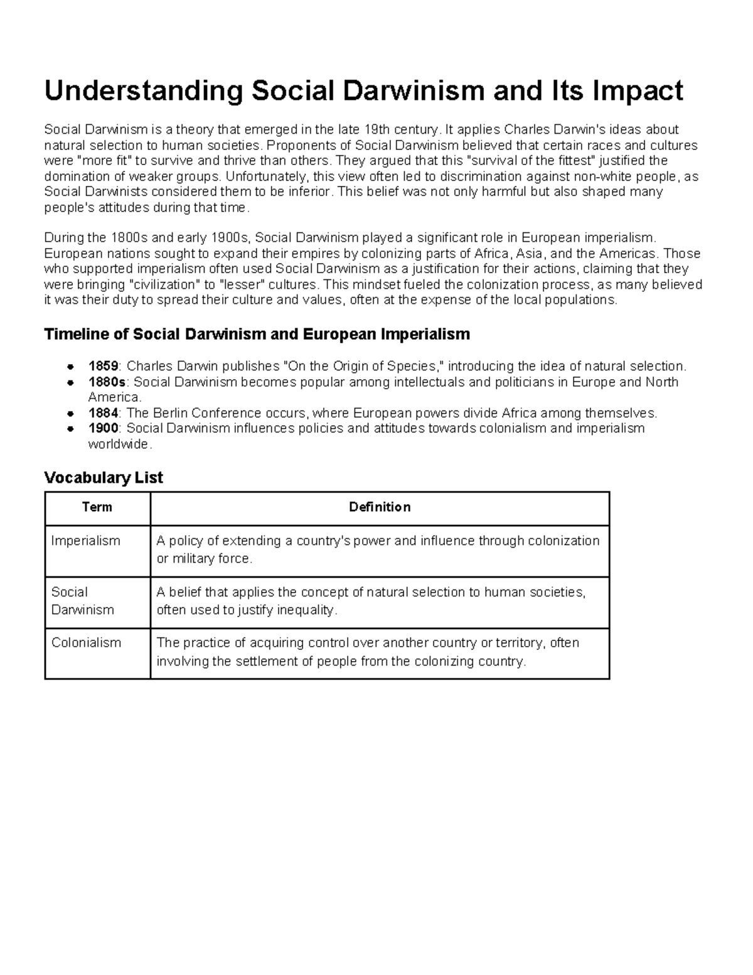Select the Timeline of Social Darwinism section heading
point(257,334)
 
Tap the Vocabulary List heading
point(104,478)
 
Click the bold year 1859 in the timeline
point(103,367)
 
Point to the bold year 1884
point(103,413)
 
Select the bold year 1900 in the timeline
point(103,428)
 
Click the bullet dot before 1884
point(72,414)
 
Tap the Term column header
point(97,507)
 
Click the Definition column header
point(380,507)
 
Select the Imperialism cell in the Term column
point(85,541)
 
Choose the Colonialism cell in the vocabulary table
point(86,643)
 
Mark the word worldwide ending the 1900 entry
point(119,444)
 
